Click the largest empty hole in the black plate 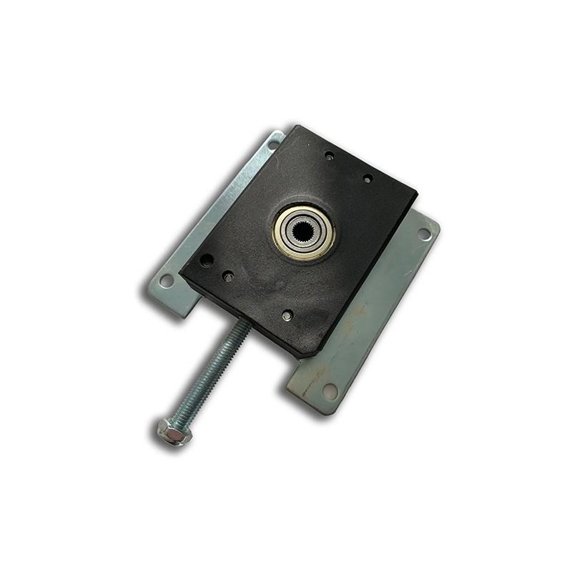(206, 260)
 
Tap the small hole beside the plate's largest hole (229, 275)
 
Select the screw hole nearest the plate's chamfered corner (287, 315)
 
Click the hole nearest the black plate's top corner (329, 154)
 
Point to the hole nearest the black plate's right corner (368, 179)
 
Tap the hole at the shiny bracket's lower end (167, 281)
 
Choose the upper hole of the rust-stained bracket (425, 234)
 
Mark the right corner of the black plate (415, 192)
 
